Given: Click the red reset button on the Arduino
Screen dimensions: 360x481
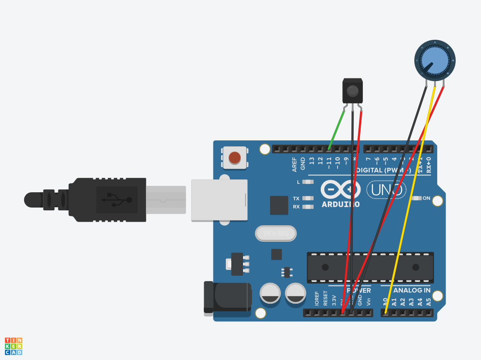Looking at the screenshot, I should click(235, 157).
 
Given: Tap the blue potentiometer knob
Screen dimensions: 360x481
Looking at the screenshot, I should click(435, 60).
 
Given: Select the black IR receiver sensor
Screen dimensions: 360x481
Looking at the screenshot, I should click(352, 91).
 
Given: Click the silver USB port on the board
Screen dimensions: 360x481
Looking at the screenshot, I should click(219, 200).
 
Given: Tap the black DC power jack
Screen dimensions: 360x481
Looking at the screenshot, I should click(227, 297).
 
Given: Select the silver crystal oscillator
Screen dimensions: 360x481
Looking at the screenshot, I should click(276, 233).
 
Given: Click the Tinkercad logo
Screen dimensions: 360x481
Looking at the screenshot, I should click(13, 346).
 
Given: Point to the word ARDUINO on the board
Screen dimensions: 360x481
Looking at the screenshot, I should click(340, 204).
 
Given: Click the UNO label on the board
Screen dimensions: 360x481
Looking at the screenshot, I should click(386, 189).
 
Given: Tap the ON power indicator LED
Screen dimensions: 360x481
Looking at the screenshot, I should click(417, 198).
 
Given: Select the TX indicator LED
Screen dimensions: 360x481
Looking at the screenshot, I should click(308, 198).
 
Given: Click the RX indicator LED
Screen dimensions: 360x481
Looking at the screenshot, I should click(308, 207).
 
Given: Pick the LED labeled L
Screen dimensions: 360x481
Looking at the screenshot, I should click(308, 182).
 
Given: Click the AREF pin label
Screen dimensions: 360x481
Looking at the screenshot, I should click(295, 164).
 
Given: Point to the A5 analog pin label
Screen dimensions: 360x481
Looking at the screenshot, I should click(428, 302).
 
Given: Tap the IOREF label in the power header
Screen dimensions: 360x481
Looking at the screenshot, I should click(317, 298).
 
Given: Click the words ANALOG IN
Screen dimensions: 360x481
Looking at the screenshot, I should click(411, 290).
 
